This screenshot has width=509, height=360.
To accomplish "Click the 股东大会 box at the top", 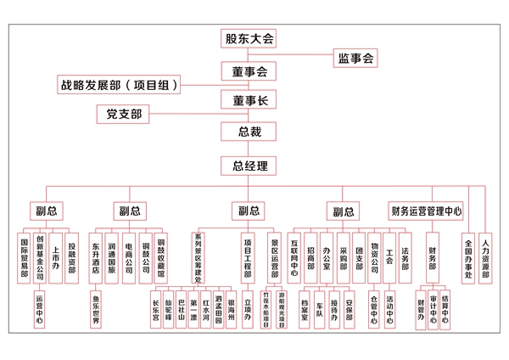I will pos(249,39).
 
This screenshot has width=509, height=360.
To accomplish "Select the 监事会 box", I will pos(356,59).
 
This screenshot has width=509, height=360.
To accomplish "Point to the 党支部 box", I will pos(125,114).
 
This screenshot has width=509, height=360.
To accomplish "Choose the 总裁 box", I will pos(249,132).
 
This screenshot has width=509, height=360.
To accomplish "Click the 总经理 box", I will pos(249,165).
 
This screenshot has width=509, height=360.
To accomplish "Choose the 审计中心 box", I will pos(433,309).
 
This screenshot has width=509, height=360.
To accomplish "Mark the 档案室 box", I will pos(305,304).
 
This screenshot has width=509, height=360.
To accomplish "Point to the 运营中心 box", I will pos(40,309).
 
